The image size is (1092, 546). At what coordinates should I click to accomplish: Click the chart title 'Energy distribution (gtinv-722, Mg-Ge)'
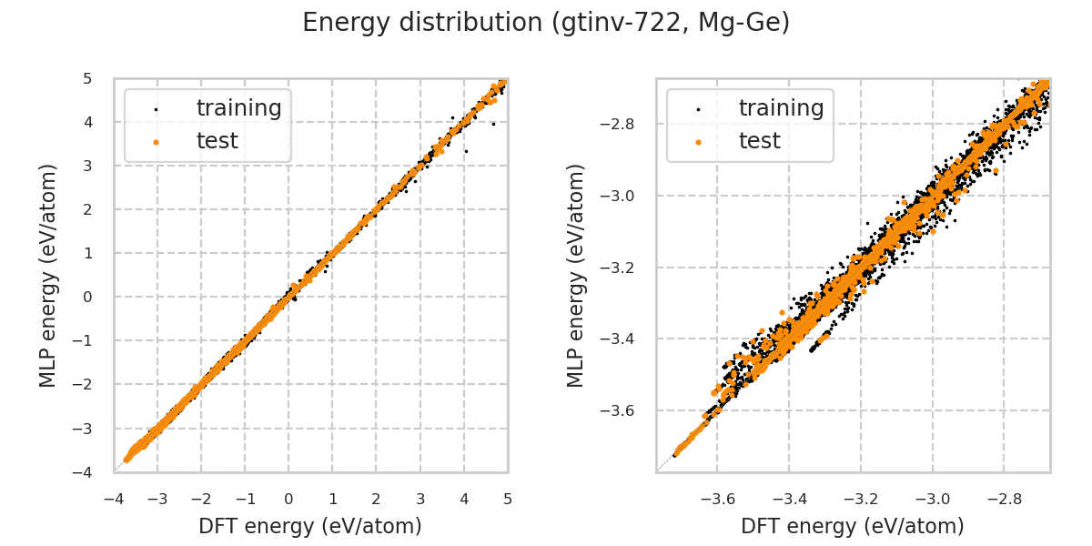click(546, 23)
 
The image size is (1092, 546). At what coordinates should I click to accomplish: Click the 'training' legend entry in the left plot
click(238, 108)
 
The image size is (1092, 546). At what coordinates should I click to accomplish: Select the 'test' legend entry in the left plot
click(217, 141)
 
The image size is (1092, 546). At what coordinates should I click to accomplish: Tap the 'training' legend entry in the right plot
click(781, 108)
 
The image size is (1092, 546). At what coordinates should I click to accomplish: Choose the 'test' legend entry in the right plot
click(759, 141)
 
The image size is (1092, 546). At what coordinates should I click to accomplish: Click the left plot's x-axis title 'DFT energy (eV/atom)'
click(310, 526)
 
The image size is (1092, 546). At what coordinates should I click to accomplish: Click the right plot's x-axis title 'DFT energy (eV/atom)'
click(853, 526)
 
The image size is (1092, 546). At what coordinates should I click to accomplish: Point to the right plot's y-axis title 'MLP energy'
click(577, 275)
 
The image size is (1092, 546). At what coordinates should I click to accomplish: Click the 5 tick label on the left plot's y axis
click(87, 78)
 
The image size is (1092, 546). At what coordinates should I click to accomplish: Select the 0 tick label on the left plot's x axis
click(288, 500)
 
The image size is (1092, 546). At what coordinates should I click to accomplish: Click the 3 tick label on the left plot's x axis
click(420, 500)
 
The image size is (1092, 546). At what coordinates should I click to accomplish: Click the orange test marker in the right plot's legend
click(698, 142)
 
